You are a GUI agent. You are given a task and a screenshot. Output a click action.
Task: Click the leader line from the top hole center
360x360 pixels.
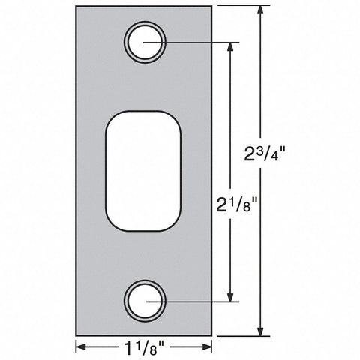click(195, 42)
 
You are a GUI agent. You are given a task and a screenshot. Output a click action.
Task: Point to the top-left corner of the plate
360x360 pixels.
click(76, 6)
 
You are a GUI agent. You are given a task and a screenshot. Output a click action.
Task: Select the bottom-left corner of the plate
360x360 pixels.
click(76, 335)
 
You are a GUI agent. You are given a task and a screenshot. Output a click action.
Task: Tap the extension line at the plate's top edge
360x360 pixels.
click(240, 6)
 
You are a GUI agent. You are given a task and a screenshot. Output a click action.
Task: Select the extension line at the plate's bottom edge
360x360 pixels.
click(240, 335)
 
